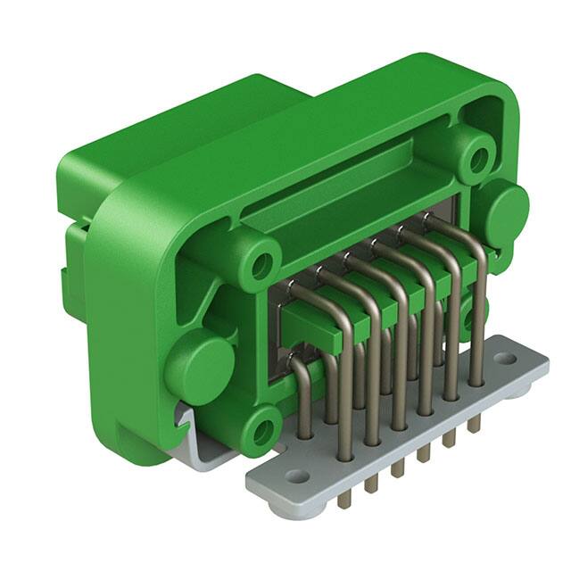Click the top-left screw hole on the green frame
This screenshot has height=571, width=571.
click(x=261, y=264)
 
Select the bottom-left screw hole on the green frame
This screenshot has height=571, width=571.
click(x=261, y=431)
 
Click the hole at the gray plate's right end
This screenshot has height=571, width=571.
click(x=504, y=359)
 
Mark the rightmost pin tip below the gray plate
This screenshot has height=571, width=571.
click(x=474, y=424)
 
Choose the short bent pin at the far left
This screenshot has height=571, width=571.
click(x=302, y=393)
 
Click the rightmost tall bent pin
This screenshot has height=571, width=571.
click(x=477, y=294)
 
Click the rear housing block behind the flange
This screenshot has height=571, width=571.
click(x=178, y=134)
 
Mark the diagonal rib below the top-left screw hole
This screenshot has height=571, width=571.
click(x=219, y=299)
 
